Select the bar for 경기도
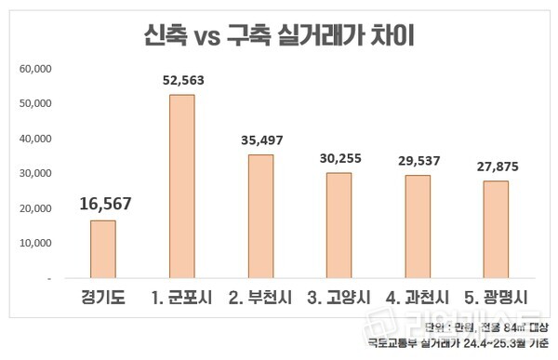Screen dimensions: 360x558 coord(102,249)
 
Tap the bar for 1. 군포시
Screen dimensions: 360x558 coord(181,186)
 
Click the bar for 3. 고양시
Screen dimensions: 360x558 coord(339,225)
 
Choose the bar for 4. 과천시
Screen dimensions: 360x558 coord(418,226)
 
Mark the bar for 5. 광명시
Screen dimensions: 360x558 coord(496,229)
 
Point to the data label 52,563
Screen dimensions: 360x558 coord(181,80)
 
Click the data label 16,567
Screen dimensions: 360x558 coord(102,205)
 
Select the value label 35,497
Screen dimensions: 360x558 coord(260,140)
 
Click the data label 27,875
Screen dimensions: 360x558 coord(496,167)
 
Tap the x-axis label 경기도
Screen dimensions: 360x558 coord(102,299)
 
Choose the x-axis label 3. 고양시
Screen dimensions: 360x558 coord(339,299)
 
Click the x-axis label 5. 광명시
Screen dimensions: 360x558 coord(496,299)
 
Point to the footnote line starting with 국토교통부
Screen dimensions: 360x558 coord(457,344)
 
